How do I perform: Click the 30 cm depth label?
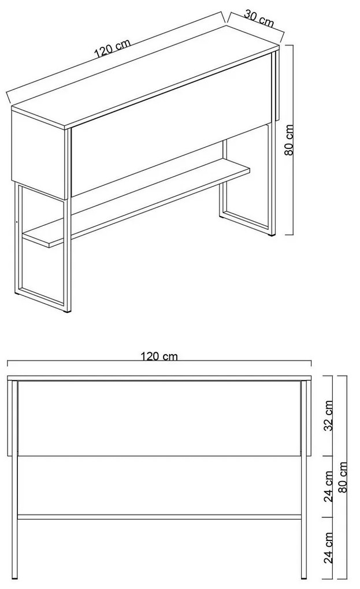(x=259, y=18)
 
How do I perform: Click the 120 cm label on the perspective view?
(x=112, y=48)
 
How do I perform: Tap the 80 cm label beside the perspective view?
(x=290, y=140)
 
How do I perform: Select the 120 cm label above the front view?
(x=159, y=356)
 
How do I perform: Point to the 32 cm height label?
(x=328, y=415)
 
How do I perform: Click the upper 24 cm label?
(x=329, y=486)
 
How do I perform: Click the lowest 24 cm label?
(x=328, y=547)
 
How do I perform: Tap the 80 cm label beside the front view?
(x=342, y=478)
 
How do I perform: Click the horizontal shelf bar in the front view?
(x=159, y=517)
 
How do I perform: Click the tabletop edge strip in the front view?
(x=159, y=378)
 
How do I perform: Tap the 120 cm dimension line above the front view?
(x=159, y=361)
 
